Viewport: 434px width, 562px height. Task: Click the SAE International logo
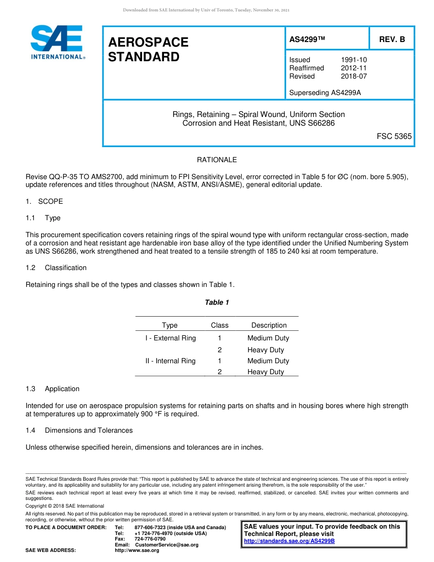point(57,42)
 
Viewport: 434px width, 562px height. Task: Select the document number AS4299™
point(307,40)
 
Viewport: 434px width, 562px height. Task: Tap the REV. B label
point(392,40)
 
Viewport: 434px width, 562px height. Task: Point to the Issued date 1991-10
point(354,60)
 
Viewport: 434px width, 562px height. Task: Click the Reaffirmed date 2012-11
point(354,68)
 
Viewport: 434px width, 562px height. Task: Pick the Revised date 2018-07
point(354,76)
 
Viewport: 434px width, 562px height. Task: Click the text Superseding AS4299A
point(325,93)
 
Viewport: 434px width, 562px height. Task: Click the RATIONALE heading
point(217,160)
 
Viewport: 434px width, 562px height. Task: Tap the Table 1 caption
point(217,302)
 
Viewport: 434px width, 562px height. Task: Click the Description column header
point(269,325)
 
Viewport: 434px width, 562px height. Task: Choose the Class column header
point(219,325)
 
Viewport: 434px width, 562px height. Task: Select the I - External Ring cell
point(170,338)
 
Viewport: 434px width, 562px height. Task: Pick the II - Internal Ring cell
point(170,361)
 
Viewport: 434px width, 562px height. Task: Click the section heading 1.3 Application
point(53,389)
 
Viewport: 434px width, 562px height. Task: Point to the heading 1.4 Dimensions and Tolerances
point(79,430)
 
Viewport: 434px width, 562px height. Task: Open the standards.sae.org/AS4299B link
point(289,541)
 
